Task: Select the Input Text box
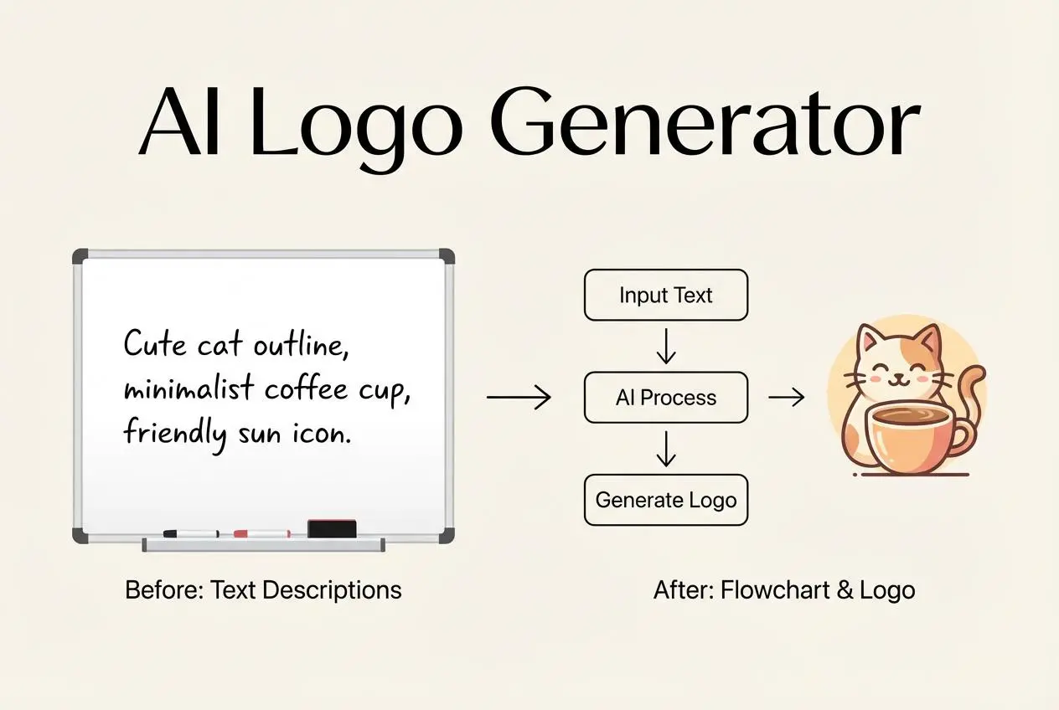pyautogui.click(x=665, y=295)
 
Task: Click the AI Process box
pyautogui.click(x=665, y=398)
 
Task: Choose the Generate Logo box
pyautogui.click(x=665, y=501)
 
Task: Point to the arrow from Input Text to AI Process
pyautogui.click(x=665, y=346)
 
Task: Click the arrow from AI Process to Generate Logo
pyautogui.click(x=665, y=449)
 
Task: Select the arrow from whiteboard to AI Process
pyautogui.click(x=519, y=398)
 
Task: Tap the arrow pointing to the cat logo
pyautogui.click(x=786, y=398)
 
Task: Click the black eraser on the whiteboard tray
pyautogui.click(x=332, y=528)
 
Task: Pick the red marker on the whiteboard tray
pyautogui.click(x=261, y=533)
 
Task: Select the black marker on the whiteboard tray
pyautogui.click(x=191, y=533)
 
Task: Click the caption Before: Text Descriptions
pyautogui.click(x=263, y=590)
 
